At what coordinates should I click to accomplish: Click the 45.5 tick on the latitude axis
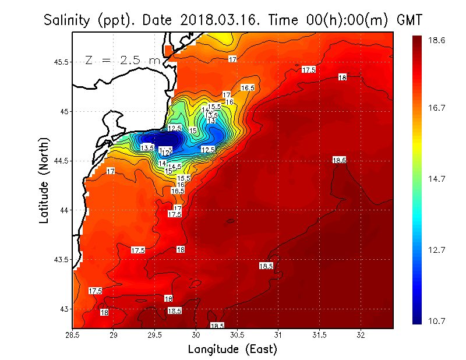coord(60,62)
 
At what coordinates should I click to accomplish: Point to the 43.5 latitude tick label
coord(60,259)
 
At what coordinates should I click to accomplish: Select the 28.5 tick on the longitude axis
coord(72,336)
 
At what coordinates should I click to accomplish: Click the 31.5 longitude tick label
coord(320,336)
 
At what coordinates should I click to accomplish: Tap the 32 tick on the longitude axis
coord(361,336)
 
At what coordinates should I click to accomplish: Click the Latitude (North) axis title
coord(44,181)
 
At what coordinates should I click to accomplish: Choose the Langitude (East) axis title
coord(232,350)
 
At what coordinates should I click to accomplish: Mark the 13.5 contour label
coord(147,148)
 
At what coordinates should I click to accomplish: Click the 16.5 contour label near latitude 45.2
coord(248,88)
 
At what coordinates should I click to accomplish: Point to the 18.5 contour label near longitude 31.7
coord(339,160)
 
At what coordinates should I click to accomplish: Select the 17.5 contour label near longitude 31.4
coord(308,70)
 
